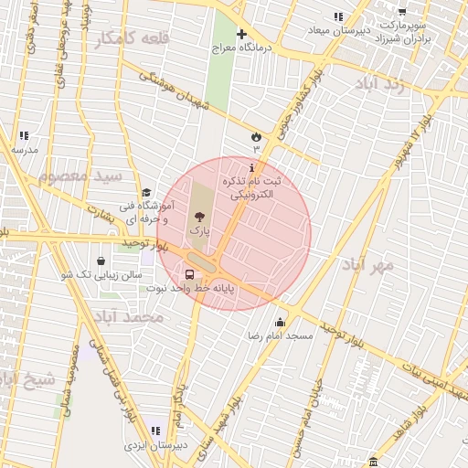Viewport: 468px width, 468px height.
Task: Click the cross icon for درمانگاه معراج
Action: click(x=241, y=35)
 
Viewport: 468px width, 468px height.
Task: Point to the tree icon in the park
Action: click(x=198, y=217)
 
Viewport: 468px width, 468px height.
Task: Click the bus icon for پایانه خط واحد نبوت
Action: click(x=190, y=273)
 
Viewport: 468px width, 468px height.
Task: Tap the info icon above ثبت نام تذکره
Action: click(x=252, y=168)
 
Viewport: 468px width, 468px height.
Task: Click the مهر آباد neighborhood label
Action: click(x=367, y=266)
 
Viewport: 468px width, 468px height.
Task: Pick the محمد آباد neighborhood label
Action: click(x=128, y=316)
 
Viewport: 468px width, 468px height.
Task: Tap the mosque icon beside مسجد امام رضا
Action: click(x=280, y=322)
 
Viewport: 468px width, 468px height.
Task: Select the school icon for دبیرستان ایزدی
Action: click(x=155, y=431)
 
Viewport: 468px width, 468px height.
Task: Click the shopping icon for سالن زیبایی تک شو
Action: click(x=101, y=261)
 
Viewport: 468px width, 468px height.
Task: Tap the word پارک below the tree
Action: click(x=199, y=232)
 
